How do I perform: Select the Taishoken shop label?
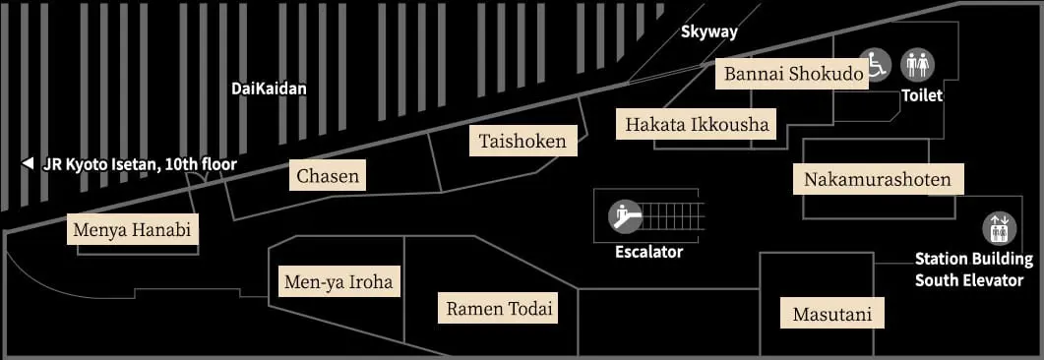pos(522,142)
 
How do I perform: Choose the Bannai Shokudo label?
pos(793,74)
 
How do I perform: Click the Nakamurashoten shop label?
pos(878,179)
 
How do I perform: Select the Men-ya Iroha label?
pos(338,282)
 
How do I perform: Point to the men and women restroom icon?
pos(918,65)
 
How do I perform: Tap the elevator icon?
pos(998,229)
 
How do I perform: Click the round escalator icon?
pos(624,214)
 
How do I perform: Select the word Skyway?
pos(709,31)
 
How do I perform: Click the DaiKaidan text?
pos(269,89)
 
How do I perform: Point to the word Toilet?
pos(922,95)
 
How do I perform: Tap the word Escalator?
pos(648,252)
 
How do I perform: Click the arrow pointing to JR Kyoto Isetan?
pos(28,164)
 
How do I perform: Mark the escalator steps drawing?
pos(674,214)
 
